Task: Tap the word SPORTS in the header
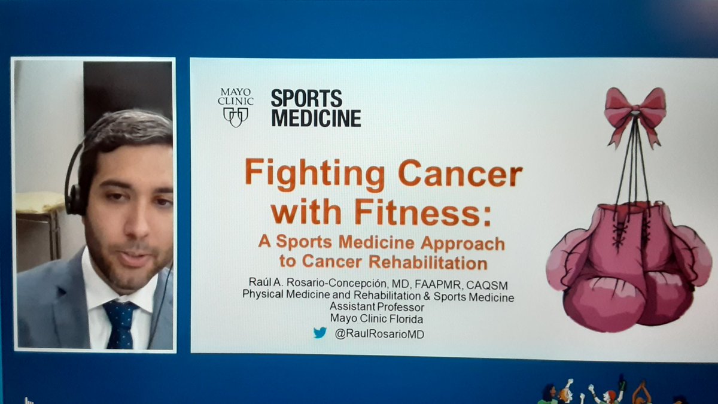pos(306,98)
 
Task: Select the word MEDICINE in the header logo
pos(316,117)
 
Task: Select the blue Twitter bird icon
pos(320,333)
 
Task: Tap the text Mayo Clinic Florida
pos(379,319)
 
